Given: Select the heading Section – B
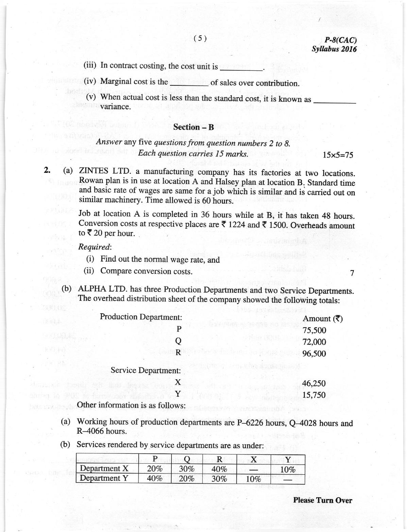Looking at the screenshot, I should (193, 127).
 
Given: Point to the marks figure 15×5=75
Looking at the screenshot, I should (338, 155).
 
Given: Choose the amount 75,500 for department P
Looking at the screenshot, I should (314, 330).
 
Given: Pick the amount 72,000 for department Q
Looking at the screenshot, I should (314, 342).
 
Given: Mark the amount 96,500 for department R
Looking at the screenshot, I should (314, 353).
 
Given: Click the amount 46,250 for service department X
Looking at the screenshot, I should (314, 383).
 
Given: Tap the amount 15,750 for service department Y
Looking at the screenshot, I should (314, 395).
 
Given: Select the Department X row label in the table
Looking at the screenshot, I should (104, 468).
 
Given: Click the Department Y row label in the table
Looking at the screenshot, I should (104, 478).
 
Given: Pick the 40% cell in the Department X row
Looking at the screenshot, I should (219, 469).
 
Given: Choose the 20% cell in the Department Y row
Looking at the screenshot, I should (187, 478).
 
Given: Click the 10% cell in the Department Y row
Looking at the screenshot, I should (253, 479).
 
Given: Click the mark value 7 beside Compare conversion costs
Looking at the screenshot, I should (352, 273).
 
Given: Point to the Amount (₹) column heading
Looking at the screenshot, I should (322, 319).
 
